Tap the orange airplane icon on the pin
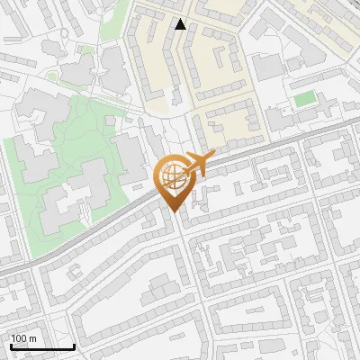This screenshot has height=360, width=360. [198, 164]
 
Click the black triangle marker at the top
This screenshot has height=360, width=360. [181, 24]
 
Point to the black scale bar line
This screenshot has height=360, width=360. [42, 347]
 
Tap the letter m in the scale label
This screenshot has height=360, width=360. [33, 338]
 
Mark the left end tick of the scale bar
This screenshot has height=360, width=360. [11, 346]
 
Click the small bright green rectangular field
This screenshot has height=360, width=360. [306, 98]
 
